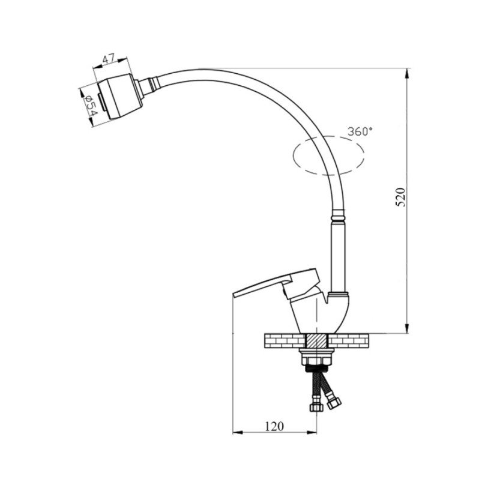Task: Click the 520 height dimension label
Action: click(400, 197)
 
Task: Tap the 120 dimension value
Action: click(274, 426)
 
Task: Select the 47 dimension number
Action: click(109, 59)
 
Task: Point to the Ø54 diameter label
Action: click(91, 105)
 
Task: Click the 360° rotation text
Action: click(360, 131)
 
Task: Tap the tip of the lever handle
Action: click(233, 295)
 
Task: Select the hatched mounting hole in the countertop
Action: click(316, 341)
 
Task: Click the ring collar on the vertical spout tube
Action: click(338, 215)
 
